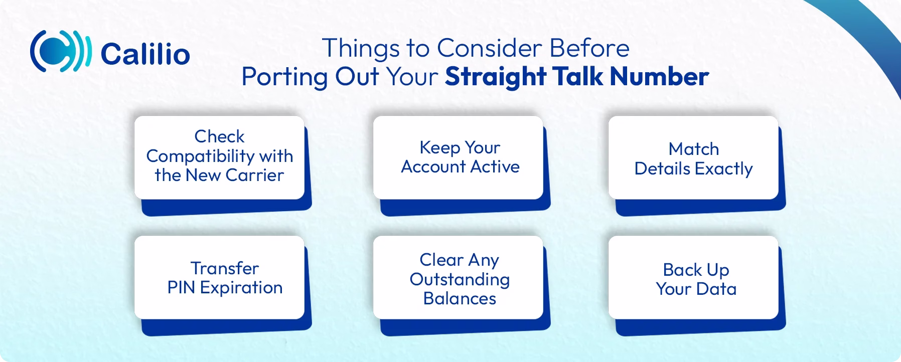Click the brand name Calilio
point(145,54)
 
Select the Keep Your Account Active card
point(458,157)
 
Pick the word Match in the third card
point(693,149)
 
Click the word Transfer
point(224,268)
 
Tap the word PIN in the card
point(182,288)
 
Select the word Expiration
point(241,288)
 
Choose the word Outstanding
point(460,279)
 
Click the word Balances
point(460,298)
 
